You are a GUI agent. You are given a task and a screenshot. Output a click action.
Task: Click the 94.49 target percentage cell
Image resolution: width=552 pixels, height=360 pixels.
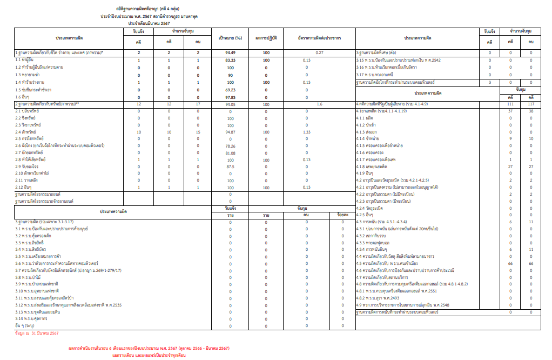coord(230,52)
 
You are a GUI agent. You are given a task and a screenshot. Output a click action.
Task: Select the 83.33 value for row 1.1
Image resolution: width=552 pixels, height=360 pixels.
coord(230,60)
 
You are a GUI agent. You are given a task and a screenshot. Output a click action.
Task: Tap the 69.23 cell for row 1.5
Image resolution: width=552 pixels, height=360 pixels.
coord(230,89)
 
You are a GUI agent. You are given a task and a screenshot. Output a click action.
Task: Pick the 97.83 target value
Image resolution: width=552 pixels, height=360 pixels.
coord(230,96)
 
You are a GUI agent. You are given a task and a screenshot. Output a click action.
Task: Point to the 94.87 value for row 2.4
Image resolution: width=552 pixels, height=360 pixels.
coord(230,132)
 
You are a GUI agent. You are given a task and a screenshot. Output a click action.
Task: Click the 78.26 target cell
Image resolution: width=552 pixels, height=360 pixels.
coord(230,146)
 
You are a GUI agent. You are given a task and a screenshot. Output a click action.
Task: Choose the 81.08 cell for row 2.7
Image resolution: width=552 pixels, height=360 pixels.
coord(230,153)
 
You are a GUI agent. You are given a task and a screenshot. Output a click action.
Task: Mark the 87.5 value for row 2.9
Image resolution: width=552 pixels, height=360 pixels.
coord(230,167)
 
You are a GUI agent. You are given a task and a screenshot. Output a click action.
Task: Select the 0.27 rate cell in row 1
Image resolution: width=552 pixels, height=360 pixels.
coord(319,52)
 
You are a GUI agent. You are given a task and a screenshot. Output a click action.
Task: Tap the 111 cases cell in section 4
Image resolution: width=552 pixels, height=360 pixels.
coord(510,103)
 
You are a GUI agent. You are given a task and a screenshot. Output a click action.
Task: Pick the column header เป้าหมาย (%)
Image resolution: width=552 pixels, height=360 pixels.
coord(230,38)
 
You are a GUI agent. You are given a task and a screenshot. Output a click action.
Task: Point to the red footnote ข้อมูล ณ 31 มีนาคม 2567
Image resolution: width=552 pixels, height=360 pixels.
coord(37,334)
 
